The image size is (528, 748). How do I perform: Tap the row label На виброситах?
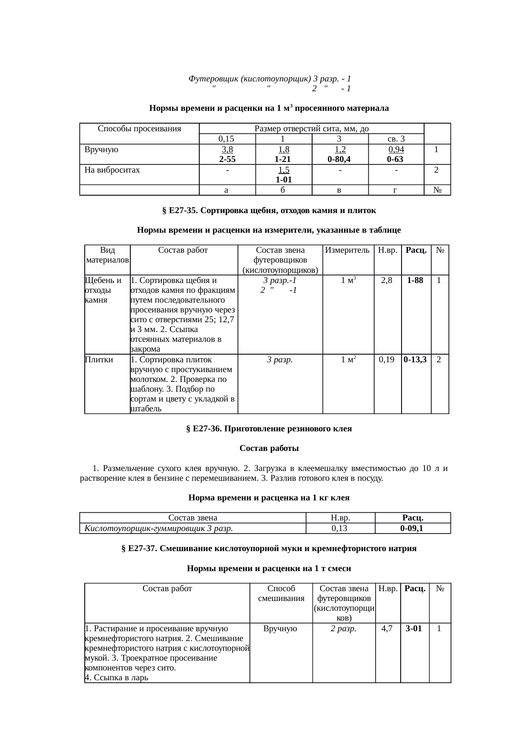pyautogui.click(x=112, y=170)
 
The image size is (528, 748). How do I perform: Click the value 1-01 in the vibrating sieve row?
pyautogui.click(x=284, y=180)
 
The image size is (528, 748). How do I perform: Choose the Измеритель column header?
pyautogui.click(x=347, y=251)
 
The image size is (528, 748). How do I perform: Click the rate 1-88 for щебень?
pyautogui.click(x=415, y=280)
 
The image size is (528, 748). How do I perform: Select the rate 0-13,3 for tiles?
pyautogui.click(x=416, y=360)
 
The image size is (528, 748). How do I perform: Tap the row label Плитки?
pyautogui.click(x=99, y=360)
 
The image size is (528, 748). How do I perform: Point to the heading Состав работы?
pyautogui.click(x=269, y=448)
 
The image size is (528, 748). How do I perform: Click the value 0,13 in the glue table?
pyautogui.click(x=340, y=529)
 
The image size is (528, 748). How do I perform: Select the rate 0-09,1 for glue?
pyautogui.click(x=412, y=529)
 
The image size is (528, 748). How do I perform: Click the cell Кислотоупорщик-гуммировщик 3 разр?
pyautogui.click(x=159, y=529)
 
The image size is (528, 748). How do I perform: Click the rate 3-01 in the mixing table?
pyautogui.click(x=414, y=628)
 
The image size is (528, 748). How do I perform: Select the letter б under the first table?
pyautogui.click(x=283, y=191)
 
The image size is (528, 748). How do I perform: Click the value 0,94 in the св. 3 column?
pyautogui.click(x=396, y=150)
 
